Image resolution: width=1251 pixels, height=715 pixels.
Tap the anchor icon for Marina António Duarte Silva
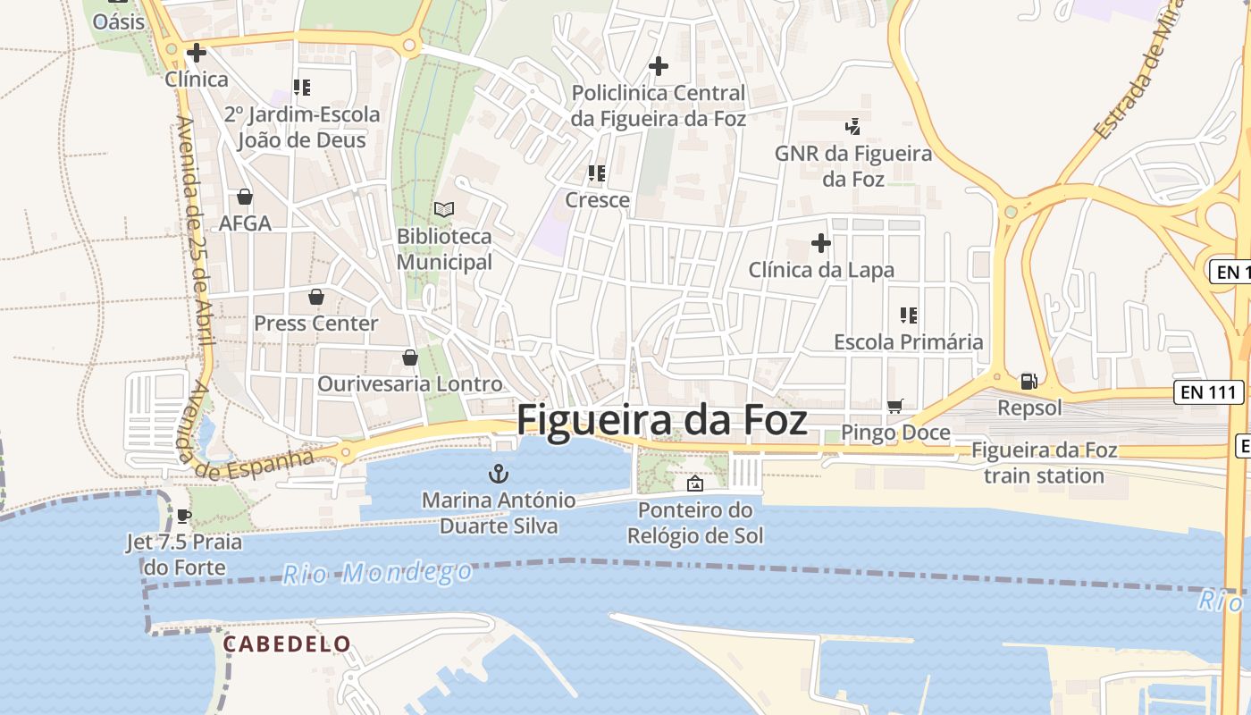(x=498, y=475)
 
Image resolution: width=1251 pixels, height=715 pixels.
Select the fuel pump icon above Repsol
(x=1029, y=382)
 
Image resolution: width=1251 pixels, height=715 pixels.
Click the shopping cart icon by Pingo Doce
(x=895, y=407)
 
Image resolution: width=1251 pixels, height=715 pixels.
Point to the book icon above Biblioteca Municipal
(x=444, y=209)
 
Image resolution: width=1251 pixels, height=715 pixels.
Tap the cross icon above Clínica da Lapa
(x=820, y=243)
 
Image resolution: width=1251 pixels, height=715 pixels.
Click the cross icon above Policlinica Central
(x=658, y=66)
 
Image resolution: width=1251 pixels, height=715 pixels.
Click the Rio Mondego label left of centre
(x=377, y=573)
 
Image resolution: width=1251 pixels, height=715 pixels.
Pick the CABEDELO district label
(x=287, y=643)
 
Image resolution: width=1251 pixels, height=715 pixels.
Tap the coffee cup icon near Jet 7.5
(x=183, y=516)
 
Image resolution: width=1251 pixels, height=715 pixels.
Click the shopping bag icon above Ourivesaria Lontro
(x=410, y=357)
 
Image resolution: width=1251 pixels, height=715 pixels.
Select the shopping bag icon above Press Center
(x=315, y=297)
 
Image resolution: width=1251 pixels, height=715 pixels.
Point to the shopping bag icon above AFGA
(x=245, y=197)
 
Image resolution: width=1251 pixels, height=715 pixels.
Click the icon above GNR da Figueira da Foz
(x=852, y=127)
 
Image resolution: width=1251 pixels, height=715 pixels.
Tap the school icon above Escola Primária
(x=908, y=315)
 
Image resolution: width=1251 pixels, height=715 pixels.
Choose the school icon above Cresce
(x=596, y=173)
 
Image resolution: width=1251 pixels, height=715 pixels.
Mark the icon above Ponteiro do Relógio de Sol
(x=694, y=484)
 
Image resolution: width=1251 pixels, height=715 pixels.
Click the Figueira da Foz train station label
(x=1044, y=462)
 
